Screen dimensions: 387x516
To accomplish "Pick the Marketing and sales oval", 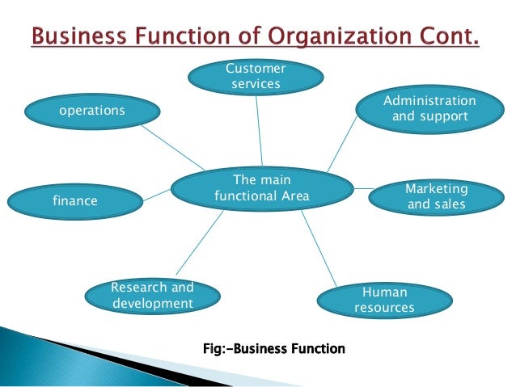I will [x=437, y=196].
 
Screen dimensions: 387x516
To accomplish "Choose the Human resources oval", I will [x=384, y=300].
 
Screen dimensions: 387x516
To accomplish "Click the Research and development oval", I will [x=153, y=296].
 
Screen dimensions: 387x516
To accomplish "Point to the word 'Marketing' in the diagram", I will [x=437, y=188].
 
